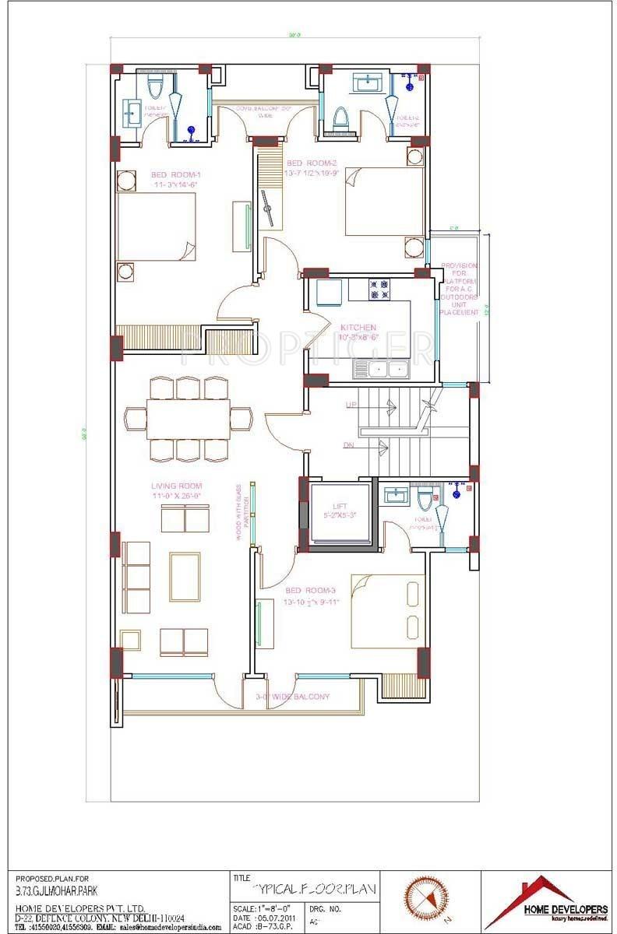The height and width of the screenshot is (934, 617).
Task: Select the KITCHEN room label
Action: (x=358, y=328)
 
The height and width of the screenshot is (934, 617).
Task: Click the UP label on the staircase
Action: (x=351, y=405)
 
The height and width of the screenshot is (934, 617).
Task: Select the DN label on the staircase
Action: (x=350, y=444)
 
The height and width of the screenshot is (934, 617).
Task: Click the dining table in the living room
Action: (x=188, y=419)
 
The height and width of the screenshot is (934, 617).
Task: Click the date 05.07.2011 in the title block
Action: (x=271, y=918)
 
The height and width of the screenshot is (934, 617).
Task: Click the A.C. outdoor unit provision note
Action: (x=459, y=288)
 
